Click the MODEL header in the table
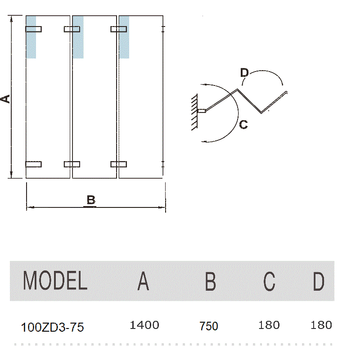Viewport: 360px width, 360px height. click(55, 281)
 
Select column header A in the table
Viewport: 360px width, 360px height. click(143, 281)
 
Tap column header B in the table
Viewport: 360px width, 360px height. click(210, 281)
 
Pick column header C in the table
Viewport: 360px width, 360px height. click(269, 281)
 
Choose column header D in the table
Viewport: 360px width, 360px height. click(319, 281)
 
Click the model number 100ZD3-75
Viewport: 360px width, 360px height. click(52, 327)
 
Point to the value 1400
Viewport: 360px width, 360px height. click(144, 325)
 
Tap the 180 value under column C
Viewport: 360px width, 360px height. click(269, 325)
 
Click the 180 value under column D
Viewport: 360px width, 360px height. click(321, 325)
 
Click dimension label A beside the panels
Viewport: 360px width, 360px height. click(5, 98)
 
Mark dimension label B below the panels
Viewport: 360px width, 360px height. click(91, 200)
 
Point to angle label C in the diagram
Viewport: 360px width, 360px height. click(243, 125)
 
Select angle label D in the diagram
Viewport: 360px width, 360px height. click(244, 72)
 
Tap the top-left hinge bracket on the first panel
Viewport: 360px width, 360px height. click(33, 29)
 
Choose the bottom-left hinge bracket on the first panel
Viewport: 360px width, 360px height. click(33, 164)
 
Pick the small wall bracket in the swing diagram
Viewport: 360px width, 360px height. click(202, 111)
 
